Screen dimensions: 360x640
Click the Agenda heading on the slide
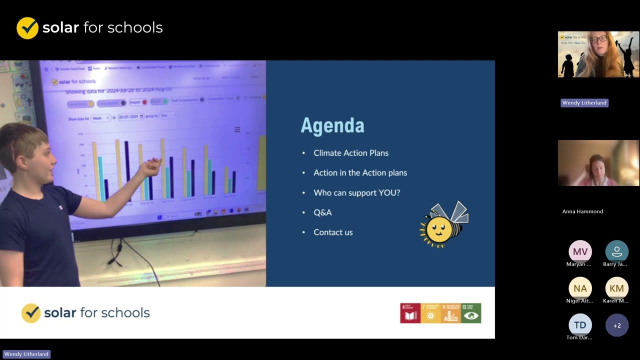coord(332,125)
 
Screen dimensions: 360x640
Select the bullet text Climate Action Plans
coord(351,153)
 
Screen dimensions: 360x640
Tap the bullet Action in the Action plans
coord(360,172)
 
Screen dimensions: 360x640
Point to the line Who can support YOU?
coord(356,192)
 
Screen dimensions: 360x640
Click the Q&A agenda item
coord(322,212)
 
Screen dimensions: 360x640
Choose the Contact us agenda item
coord(333,232)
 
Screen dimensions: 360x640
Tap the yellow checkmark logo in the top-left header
coord(27,28)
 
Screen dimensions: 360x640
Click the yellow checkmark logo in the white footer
coord(31,313)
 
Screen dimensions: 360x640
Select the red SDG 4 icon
coord(410,313)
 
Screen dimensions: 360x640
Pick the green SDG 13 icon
coord(471,313)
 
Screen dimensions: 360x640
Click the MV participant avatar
coord(580,251)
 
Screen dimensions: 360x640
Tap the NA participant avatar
coord(580,288)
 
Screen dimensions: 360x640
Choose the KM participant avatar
coord(616,288)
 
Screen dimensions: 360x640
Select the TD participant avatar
coord(580,325)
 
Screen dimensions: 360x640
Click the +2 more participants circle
coord(616,325)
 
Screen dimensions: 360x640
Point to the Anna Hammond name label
coord(582,211)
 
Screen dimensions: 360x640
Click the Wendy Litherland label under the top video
coord(584,103)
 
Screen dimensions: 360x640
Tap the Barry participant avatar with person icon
coord(616,251)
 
